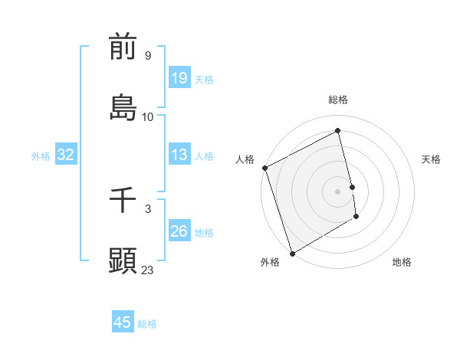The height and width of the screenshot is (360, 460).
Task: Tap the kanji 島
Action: click(123, 107)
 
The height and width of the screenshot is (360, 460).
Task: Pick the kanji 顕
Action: click(123, 260)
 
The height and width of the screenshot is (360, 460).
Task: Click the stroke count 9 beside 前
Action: click(147, 55)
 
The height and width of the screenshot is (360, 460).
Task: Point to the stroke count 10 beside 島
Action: click(148, 116)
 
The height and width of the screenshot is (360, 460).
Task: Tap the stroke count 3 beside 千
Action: click(147, 208)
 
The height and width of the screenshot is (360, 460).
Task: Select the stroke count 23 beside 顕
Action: click(148, 270)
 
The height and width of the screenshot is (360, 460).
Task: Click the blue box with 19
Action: click(179, 78)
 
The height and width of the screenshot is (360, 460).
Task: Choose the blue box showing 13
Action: click(179, 155)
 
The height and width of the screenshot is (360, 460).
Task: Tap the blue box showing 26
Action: click(179, 231)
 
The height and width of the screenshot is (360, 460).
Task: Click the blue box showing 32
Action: click(66, 155)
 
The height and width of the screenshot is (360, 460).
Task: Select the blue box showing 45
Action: click(123, 322)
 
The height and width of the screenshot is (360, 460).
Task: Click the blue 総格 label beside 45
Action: click(147, 324)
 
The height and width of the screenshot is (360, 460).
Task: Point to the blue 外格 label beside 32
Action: click(41, 156)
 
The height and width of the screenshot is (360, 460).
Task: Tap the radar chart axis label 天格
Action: click(432, 159)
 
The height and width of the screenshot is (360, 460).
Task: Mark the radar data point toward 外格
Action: click(291, 253)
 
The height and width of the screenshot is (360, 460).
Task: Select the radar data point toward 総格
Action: click(338, 131)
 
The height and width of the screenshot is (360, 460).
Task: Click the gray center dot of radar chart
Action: click(338, 191)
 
